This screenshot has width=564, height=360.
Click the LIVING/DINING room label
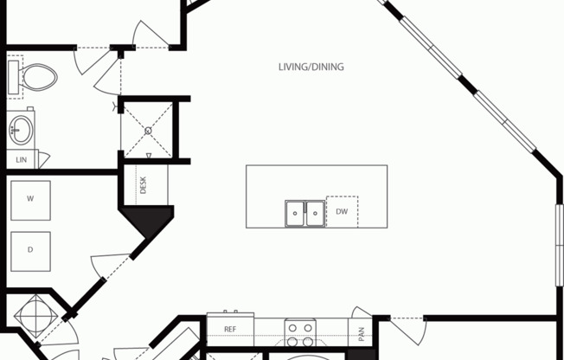311,67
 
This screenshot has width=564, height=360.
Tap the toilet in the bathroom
37,77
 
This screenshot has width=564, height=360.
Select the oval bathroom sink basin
21,130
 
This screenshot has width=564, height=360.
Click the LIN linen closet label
22,160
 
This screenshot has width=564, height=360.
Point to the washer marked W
30,200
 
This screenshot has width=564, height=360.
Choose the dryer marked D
30,251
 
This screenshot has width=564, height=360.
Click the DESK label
144,185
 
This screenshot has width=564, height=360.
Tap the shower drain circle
148,131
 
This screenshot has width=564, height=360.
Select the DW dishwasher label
342,212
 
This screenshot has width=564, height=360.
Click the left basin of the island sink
295,214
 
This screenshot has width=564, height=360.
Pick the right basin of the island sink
315,214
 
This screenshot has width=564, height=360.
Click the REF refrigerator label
230,329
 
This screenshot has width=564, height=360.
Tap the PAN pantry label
362,334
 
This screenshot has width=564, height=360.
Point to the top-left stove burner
292,328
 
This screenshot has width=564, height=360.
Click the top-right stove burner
308,328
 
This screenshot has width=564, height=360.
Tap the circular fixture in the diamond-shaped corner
35,317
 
